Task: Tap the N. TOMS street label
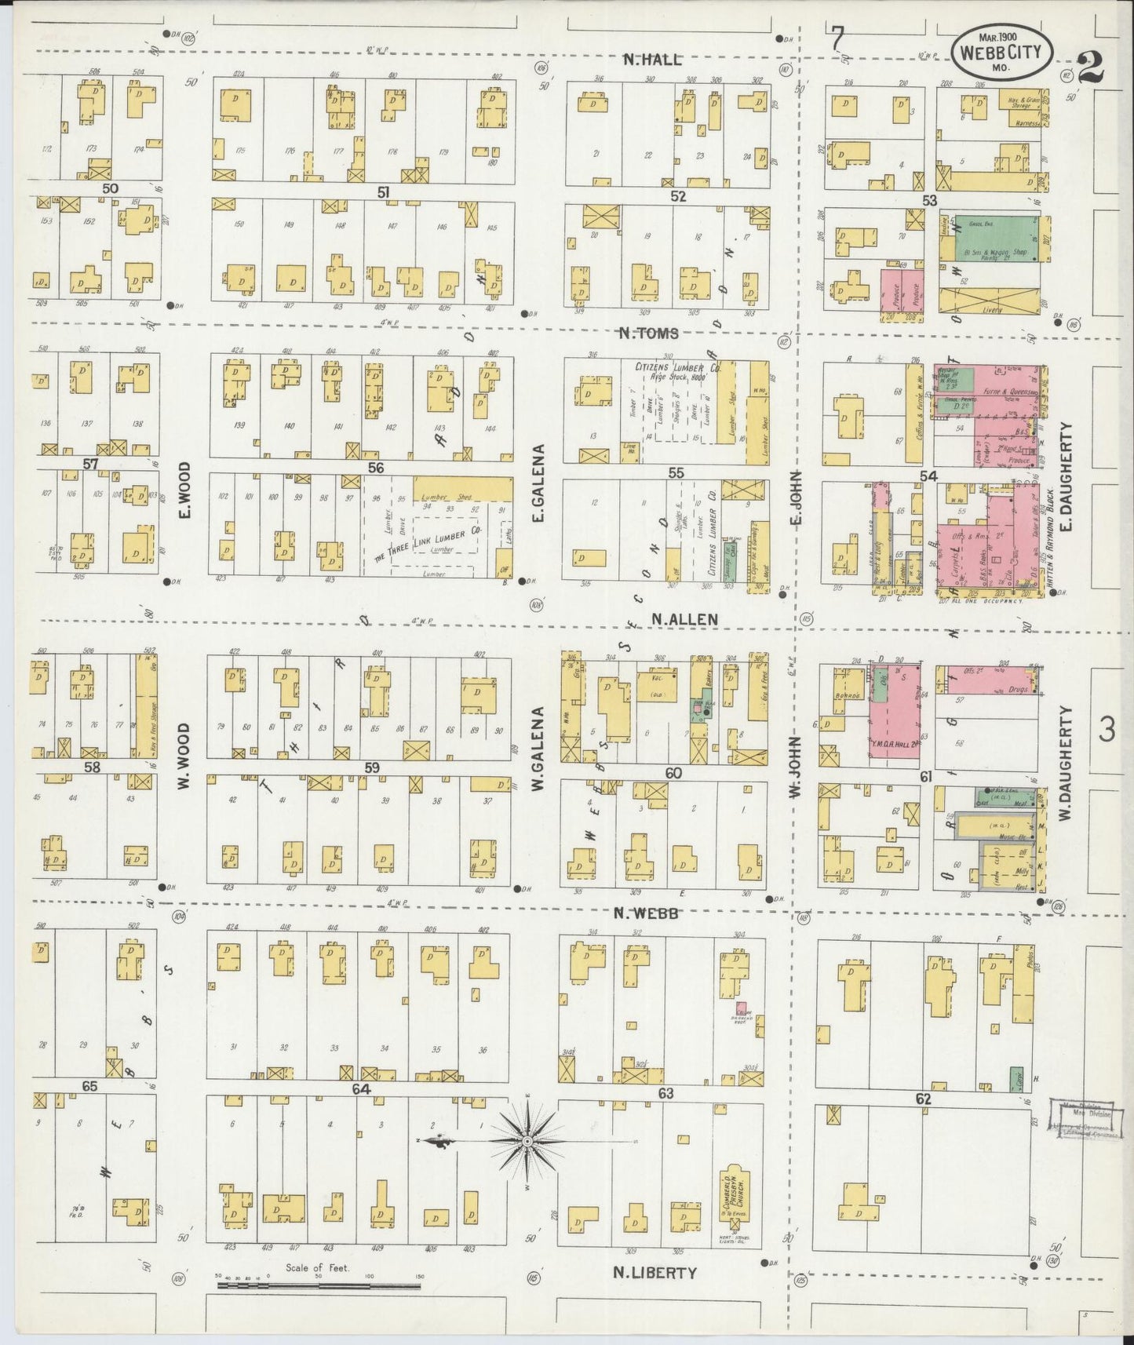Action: tap(647, 334)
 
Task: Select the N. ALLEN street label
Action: tap(684, 619)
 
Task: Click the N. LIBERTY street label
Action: tap(655, 1273)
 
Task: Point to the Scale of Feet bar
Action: tap(319, 1285)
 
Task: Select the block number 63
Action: tap(665, 1093)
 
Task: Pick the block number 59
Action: tap(372, 767)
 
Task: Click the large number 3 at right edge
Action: tap(1107, 731)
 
